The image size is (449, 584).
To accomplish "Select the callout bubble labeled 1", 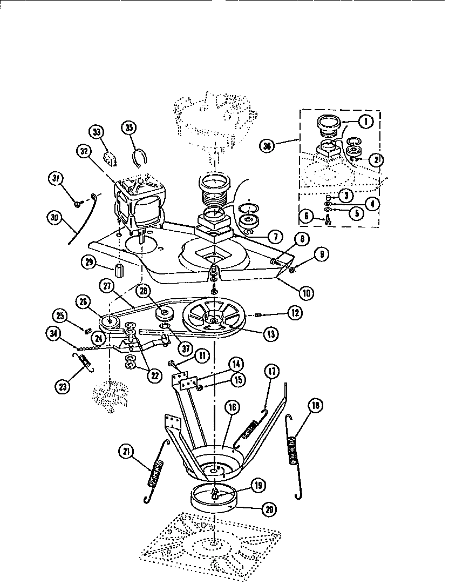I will (x=366, y=122).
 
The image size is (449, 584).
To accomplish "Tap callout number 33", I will (x=96, y=132).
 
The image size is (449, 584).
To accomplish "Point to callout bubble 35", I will (x=130, y=129).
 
